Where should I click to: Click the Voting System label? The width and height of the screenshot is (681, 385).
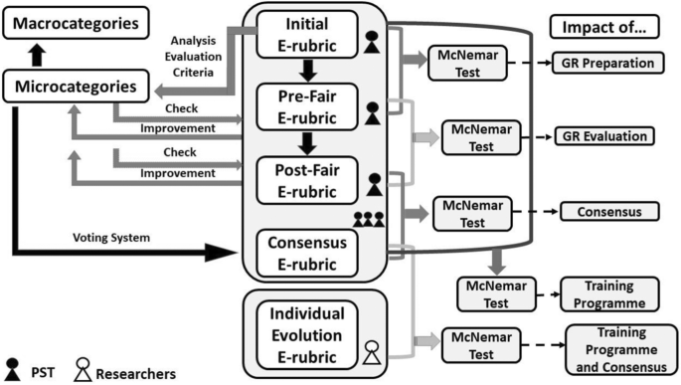point(111,240)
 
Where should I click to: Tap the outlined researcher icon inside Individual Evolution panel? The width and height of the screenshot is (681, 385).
point(372,351)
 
